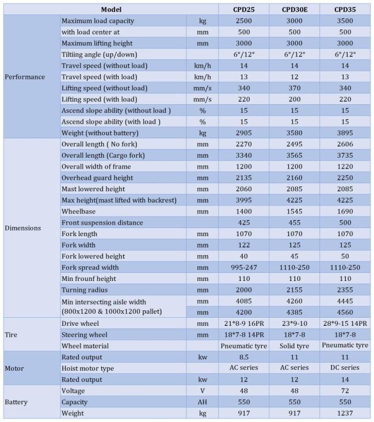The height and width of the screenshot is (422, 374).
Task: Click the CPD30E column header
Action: (x=293, y=9)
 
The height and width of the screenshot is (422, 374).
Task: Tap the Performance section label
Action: (x=25, y=77)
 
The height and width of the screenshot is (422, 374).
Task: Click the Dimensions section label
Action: (x=23, y=227)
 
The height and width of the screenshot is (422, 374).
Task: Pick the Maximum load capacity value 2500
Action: (x=243, y=21)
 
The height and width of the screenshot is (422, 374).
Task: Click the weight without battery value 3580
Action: (x=293, y=133)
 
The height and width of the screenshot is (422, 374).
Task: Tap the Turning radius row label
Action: (x=85, y=290)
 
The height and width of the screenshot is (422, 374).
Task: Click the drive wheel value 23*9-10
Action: (x=293, y=323)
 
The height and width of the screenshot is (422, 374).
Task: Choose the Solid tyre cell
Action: (x=293, y=345)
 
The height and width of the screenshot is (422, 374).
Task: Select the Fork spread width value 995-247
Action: (x=243, y=267)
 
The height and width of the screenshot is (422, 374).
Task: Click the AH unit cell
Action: (x=202, y=402)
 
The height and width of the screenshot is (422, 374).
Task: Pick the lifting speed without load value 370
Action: (x=293, y=88)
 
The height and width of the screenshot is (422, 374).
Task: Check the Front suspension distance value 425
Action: (x=243, y=222)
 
